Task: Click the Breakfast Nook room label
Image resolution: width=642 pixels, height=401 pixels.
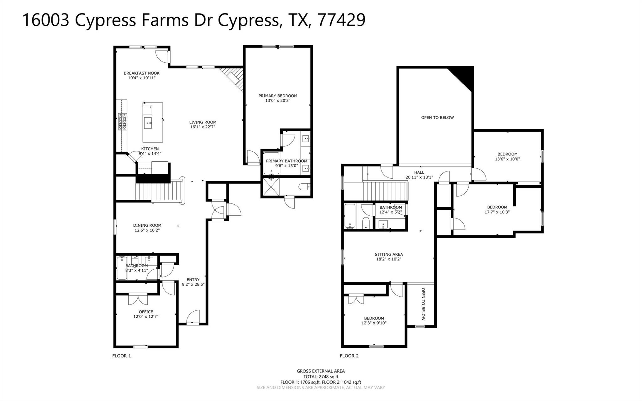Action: pos(141,73)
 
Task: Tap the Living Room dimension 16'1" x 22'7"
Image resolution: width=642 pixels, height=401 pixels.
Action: pos(203,127)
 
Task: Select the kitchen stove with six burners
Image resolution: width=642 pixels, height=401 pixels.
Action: pos(123,122)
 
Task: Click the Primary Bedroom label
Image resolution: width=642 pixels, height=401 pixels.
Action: pos(277,96)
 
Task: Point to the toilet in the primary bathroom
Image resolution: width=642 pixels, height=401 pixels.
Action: pos(304,187)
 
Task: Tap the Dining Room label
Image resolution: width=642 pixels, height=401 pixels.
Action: pos(147,225)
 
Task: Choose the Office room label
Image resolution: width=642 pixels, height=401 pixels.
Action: pos(146,312)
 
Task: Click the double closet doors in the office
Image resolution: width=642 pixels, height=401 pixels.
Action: pos(138,299)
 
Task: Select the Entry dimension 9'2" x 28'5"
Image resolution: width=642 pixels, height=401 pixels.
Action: pos(193,285)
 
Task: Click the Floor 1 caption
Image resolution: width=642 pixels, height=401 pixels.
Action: pos(121,356)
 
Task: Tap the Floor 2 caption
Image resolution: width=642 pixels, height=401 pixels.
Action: pos(349,356)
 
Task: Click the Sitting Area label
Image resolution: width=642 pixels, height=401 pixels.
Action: pos(389,254)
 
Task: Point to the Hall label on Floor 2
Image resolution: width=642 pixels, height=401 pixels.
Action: pos(419,172)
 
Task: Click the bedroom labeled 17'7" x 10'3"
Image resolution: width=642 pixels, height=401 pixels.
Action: pos(497,209)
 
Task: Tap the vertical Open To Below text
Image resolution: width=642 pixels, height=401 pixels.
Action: pos(423,304)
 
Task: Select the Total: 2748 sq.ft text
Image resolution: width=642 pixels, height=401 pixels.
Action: pos(321,377)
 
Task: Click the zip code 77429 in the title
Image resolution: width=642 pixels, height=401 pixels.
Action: pos(341,20)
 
